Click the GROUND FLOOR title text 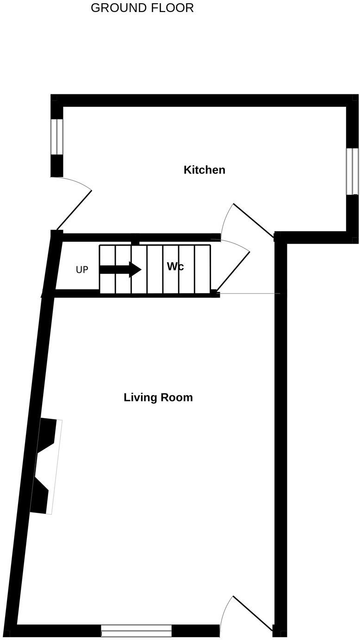point(142,8)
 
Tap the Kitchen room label point(204,170)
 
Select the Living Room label point(158,398)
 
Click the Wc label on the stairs point(175,267)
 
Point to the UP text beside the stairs point(82,270)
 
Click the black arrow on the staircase point(120,269)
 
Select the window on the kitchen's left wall point(56,136)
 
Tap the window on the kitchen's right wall point(352,171)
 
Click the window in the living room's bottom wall point(136,630)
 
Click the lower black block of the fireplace point(40,497)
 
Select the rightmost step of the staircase point(202,269)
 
